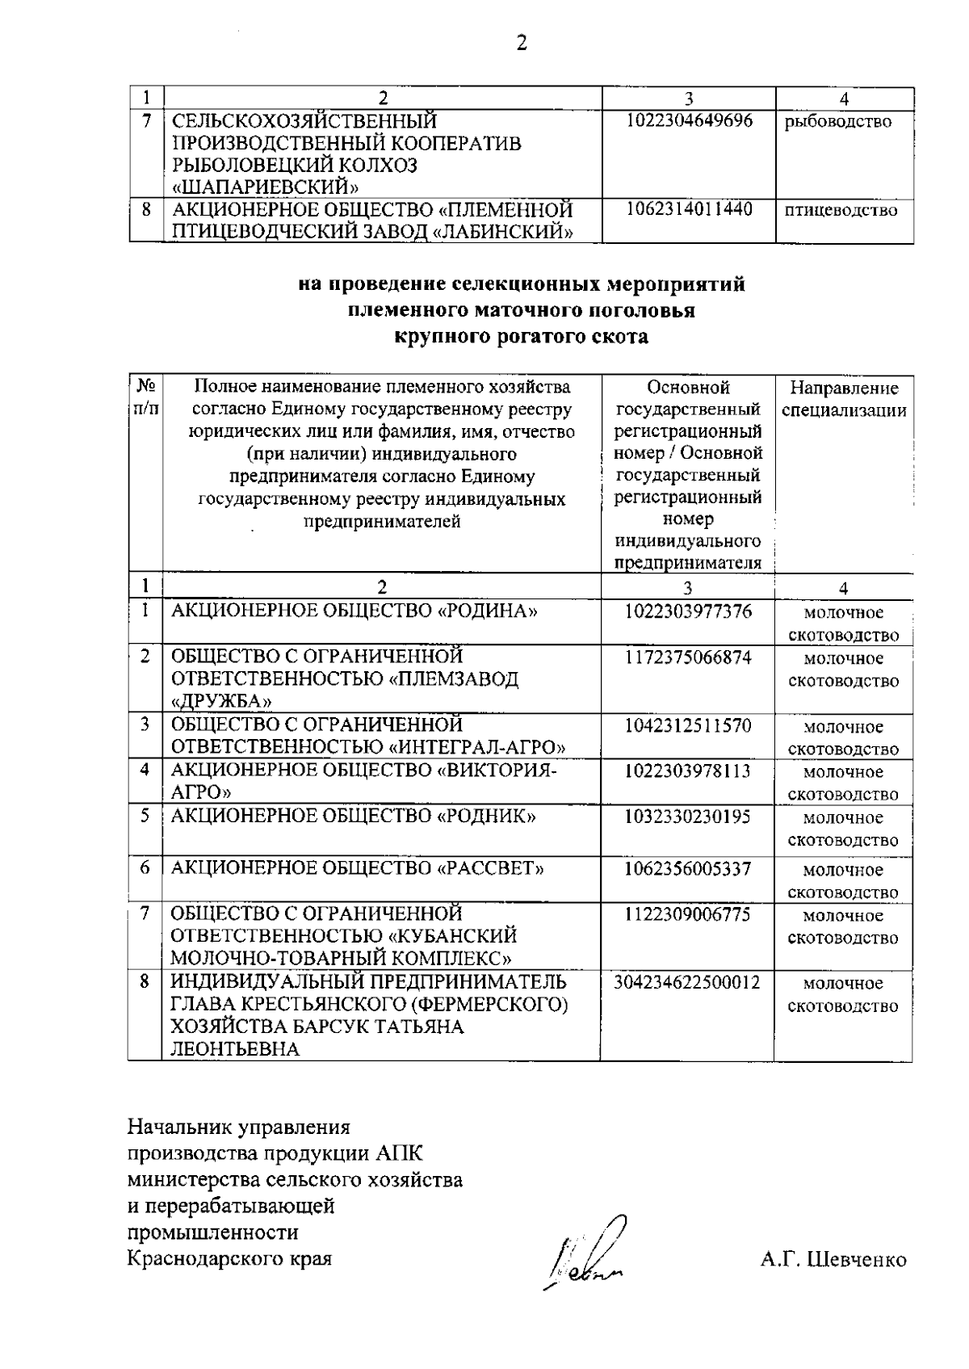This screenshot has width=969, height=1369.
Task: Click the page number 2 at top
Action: click(x=522, y=44)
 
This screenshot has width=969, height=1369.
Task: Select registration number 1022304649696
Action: click(x=688, y=121)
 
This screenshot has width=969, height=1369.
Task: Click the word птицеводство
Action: click(x=841, y=211)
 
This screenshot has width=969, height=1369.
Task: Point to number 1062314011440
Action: click(x=688, y=210)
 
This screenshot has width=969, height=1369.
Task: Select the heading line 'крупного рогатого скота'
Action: click(x=521, y=337)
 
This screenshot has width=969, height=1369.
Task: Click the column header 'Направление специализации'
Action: click(x=844, y=399)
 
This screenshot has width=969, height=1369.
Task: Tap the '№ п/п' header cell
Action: click(x=145, y=397)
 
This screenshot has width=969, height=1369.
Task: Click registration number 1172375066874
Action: click(x=688, y=657)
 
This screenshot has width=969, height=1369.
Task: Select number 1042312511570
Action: click(x=688, y=725)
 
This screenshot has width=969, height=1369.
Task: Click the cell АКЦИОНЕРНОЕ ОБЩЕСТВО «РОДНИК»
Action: click(x=354, y=817)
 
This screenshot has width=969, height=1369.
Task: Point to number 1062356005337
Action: click(x=688, y=869)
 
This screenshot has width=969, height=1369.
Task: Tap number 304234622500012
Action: click(x=688, y=982)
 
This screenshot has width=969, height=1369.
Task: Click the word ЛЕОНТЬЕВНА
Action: click(x=234, y=1049)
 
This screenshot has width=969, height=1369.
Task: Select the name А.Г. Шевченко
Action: click(x=833, y=1260)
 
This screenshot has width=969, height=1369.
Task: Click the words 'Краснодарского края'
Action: click(x=229, y=1258)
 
